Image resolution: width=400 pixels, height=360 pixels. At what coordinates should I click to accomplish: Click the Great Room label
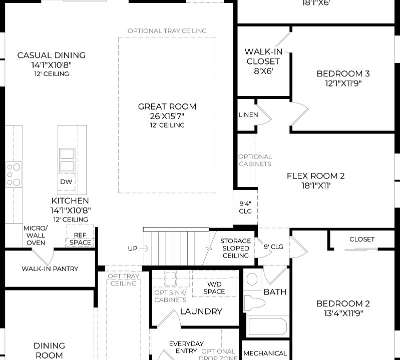[x=167, y=106]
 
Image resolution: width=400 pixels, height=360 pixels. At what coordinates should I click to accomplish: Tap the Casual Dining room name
[x=51, y=55]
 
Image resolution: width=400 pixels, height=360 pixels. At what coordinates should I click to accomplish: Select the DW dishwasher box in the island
[x=66, y=181]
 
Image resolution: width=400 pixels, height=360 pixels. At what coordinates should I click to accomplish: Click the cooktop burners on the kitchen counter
[x=14, y=174]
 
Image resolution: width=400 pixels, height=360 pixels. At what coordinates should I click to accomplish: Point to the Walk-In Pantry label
[x=50, y=269]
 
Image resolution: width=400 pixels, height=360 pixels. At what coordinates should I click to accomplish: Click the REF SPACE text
[x=80, y=238]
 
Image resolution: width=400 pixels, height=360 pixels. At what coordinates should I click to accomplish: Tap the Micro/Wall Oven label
[x=36, y=235]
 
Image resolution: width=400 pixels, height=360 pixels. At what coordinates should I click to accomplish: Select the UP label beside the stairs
[x=133, y=248]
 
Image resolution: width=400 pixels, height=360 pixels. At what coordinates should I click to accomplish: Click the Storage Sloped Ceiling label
[x=235, y=248]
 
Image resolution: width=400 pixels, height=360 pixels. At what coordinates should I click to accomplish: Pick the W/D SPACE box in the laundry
[x=214, y=288]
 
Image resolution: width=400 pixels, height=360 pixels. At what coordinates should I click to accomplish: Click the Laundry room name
[x=201, y=311]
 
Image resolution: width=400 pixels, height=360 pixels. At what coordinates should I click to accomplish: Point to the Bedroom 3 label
[x=343, y=74]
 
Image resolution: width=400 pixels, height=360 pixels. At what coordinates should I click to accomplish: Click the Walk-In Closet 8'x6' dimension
[x=262, y=71]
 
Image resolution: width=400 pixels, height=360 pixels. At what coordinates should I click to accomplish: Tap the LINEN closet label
[x=248, y=115]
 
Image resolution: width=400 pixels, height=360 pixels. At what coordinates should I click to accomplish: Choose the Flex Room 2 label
[x=315, y=176]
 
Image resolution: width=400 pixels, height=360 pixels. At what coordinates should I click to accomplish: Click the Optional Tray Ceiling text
[x=167, y=31]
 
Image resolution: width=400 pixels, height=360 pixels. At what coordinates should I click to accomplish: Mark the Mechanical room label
[x=265, y=353]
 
